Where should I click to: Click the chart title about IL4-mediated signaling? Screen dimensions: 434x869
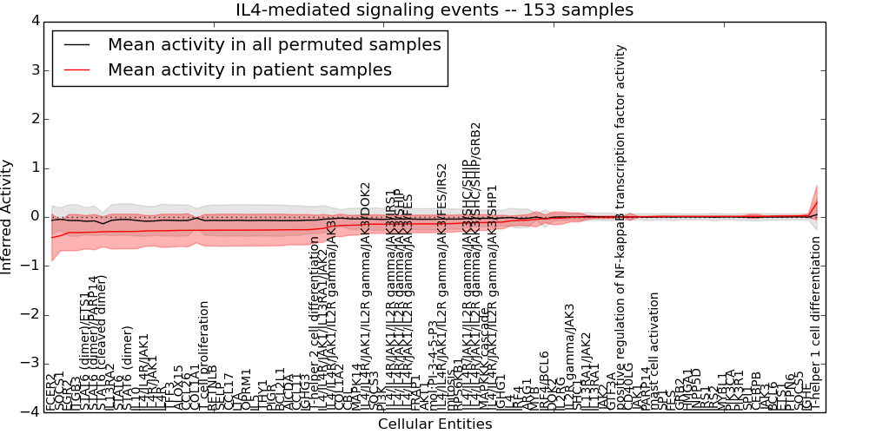434,10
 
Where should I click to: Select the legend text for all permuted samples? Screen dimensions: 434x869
274,44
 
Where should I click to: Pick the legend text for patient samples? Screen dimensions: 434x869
249,69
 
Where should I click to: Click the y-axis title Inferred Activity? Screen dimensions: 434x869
8,216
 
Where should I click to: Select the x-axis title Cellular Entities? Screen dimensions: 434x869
434,424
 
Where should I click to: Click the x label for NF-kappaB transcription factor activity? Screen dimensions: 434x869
620,226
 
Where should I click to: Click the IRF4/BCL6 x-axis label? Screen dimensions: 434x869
544,380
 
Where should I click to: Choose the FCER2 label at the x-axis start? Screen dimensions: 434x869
50,392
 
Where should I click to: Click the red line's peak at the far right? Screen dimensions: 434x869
816,201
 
